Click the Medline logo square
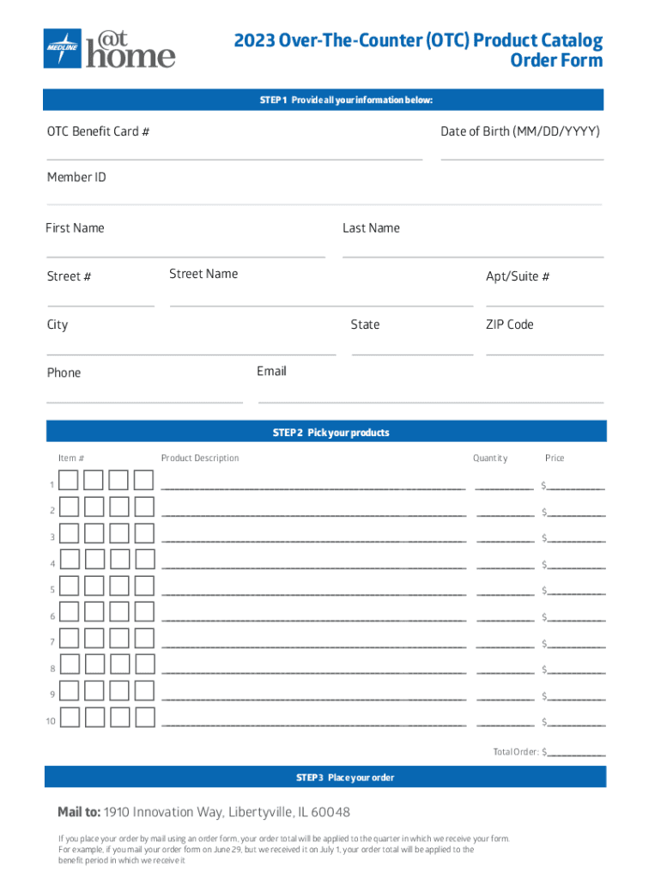click(x=63, y=49)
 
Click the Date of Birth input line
click(x=522, y=158)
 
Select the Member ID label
click(x=76, y=178)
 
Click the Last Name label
click(x=371, y=228)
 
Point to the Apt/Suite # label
click(x=518, y=276)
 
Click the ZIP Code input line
click(x=544, y=353)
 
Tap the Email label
click(x=271, y=371)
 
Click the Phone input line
click(x=144, y=401)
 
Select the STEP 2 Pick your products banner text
click(x=330, y=433)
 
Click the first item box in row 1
click(x=70, y=481)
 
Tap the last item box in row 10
click(x=144, y=718)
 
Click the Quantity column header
click(x=490, y=458)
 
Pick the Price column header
click(x=555, y=458)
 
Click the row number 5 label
click(x=52, y=591)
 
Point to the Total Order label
click(x=515, y=752)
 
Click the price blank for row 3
click(x=576, y=540)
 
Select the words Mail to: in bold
click(x=80, y=812)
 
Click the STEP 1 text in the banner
click(x=274, y=100)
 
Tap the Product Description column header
click(x=200, y=458)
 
